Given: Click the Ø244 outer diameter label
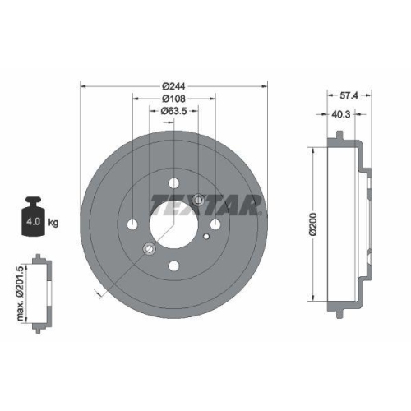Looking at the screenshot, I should pos(174,86).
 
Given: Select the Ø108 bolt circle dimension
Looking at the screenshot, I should pos(174,99).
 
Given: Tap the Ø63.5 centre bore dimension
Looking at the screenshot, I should pos(174,111).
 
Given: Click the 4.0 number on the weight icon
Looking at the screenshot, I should pos(31,222).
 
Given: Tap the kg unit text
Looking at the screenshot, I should pos(53,222).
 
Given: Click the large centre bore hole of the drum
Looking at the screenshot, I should pos(174,224).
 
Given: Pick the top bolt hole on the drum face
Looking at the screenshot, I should pos(174,183).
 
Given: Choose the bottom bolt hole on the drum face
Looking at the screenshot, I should pos(174,266).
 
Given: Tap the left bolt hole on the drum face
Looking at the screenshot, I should pos(133,224).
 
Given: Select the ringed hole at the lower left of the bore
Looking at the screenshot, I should pos(149,249).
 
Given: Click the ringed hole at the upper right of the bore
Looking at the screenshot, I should pos(198,199).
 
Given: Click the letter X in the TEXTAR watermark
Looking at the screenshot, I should pos(194,204).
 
